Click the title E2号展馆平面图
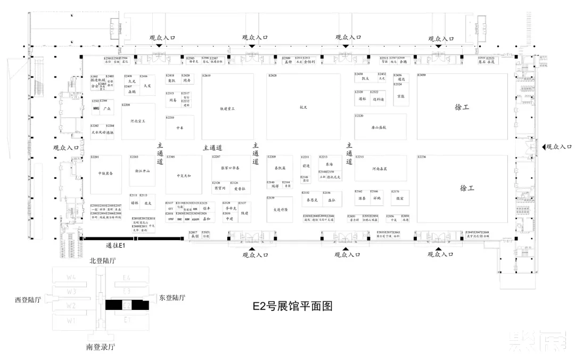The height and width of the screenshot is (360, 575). [292, 306]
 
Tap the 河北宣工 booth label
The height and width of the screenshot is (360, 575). [138, 121]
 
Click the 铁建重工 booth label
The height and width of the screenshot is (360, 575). [227, 109]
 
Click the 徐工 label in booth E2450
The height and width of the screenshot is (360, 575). [462, 107]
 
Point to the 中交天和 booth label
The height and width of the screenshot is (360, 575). [183, 176]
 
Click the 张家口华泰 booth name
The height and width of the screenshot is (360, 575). [230, 168]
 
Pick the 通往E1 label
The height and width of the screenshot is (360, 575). [115, 246]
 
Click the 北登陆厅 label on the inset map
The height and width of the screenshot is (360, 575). [103, 260]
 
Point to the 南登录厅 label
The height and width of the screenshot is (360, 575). [101, 347]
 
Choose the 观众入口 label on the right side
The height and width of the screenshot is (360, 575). [559, 146]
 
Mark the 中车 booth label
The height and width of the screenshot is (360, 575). [179, 128]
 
